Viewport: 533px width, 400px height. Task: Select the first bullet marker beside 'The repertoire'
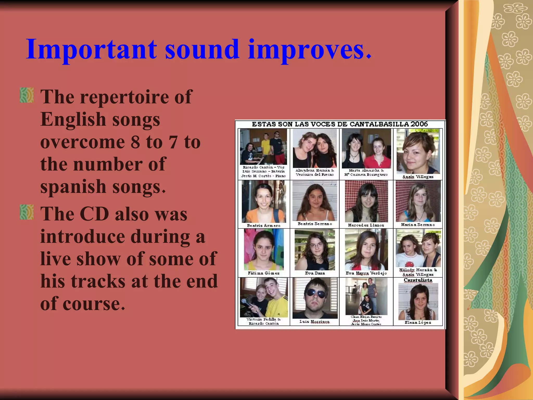click(27, 95)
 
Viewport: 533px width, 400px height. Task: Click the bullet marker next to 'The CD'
click(27, 212)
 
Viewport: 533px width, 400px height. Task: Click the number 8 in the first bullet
click(136, 142)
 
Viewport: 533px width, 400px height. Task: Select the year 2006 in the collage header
click(419, 124)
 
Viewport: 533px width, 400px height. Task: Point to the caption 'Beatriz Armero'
click(264, 226)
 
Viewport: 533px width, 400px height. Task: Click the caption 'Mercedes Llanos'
click(366, 225)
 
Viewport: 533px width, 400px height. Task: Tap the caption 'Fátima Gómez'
click(264, 273)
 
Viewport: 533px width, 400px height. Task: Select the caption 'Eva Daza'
click(315, 273)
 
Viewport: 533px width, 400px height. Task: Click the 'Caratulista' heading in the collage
click(418, 280)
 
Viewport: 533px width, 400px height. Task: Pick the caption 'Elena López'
click(418, 323)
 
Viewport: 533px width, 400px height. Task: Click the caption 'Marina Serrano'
click(418, 225)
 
